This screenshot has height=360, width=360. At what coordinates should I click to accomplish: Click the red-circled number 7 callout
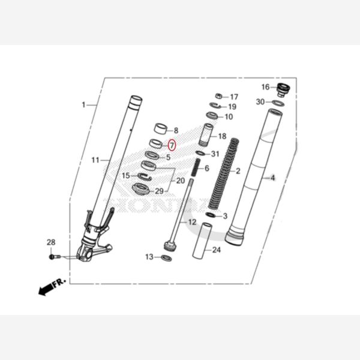click(x=171, y=145)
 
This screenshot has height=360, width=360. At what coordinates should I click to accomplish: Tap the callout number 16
click(x=265, y=87)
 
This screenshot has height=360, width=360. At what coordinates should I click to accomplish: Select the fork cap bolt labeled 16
click(x=283, y=91)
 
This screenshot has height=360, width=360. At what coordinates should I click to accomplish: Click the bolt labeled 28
click(x=55, y=256)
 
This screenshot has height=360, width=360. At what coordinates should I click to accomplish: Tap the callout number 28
click(x=51, y=242)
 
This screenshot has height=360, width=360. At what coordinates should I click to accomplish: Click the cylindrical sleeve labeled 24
click(x=202, y=241)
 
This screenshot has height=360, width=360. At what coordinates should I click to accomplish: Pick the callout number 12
click(x=192, y=222)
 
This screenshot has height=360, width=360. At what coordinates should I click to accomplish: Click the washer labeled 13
click(x=166, y=258)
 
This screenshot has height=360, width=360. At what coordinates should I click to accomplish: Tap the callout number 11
click(x=95, y=160)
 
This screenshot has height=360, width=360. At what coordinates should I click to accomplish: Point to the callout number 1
click(x=83, y=105)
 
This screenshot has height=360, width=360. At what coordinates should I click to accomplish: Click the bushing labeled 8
click(x=160, y=128)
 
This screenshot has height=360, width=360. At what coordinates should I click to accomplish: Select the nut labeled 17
click(x=220, y=96)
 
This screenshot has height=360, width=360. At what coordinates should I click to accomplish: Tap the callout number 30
click(x=260, y=102)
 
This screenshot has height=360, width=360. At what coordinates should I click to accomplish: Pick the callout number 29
click(x=159, y=191)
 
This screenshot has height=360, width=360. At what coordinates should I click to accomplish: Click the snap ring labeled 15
click(x=144, y=176)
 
